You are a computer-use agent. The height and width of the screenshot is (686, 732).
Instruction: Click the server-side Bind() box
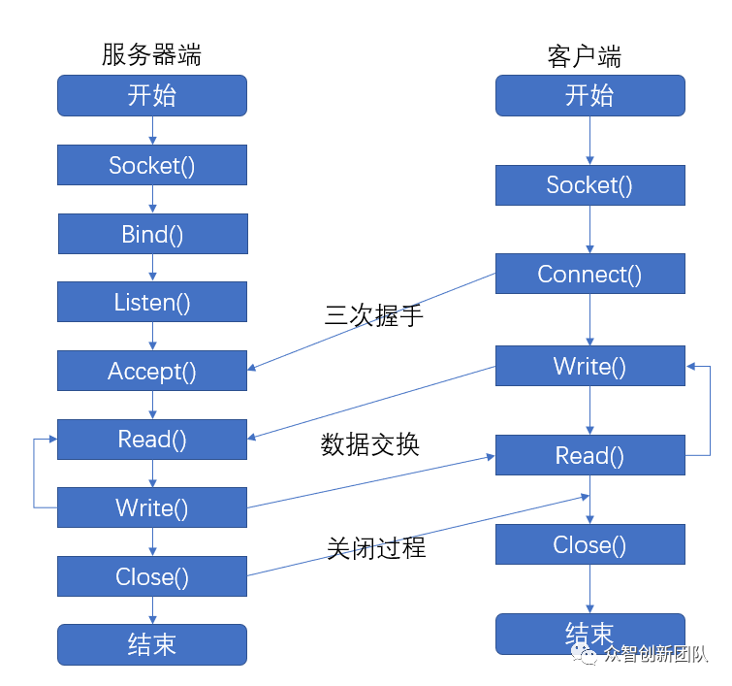point(152,234)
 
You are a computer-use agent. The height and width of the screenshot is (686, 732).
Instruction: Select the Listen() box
point(152,302)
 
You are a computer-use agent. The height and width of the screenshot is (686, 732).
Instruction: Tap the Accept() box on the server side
point(152,371)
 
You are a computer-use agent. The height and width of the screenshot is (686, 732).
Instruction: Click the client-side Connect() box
point(590,274)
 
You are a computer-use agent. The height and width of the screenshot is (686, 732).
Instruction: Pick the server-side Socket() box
point(152,165)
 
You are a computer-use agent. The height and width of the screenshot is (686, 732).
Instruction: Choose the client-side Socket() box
point(590,185)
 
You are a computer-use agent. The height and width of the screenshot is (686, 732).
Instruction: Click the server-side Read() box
point(152,440)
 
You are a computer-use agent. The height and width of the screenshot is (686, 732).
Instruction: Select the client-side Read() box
point(590,455)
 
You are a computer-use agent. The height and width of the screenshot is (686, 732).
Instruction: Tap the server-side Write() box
point(152,507)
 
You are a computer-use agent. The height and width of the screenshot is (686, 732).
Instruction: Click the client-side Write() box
point(590,366)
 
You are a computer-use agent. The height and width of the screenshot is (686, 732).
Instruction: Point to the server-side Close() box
point(152,576)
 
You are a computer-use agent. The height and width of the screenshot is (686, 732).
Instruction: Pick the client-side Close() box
point(590,544)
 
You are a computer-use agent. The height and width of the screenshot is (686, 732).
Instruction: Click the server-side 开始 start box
point(152,95)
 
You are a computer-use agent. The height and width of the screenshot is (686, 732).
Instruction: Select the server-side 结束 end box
point(152,644)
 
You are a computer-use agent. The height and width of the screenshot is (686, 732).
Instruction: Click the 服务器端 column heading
point(151,54)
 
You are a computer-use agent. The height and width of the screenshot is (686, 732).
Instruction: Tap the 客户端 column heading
point(584,56)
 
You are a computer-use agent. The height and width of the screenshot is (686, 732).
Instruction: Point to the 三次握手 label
point(374,315)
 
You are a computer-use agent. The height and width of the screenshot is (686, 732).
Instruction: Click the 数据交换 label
point(369,444)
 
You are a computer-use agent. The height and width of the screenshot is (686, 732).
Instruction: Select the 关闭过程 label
point(376,547)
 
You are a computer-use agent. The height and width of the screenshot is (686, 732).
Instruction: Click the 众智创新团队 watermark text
point(656,654)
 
